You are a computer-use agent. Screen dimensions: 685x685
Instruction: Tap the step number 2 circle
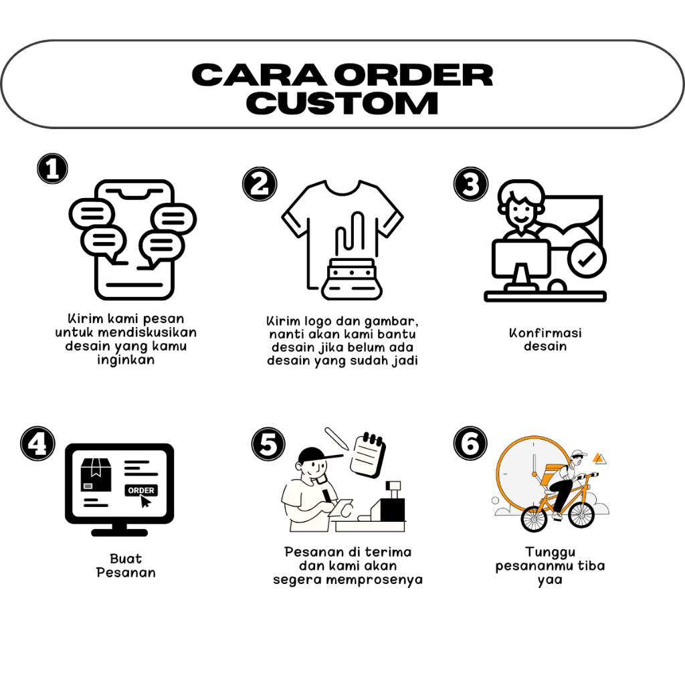click(x=259, y=183)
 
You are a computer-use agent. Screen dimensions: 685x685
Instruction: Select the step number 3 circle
click(x=471, y=183)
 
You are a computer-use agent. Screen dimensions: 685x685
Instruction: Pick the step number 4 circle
click(x=37, y=444)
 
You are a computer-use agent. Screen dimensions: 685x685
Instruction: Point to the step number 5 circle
click(x=268, y=445)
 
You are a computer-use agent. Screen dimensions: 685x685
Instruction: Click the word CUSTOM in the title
click(x=347, y=104)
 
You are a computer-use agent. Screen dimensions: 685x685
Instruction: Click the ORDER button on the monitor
click(x=141, y=490)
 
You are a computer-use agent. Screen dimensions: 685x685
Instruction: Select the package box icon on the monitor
click(x=95, y=474)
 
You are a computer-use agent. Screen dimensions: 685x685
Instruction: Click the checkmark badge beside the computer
click(x=587, y=260)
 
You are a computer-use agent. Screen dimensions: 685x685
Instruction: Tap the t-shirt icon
click(x=342, y=227)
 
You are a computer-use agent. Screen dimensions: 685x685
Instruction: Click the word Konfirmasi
click(x=545, y=332)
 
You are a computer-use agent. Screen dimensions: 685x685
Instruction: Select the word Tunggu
click(x=550, y=552)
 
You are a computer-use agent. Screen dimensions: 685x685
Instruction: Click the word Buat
click(x=126, y=559)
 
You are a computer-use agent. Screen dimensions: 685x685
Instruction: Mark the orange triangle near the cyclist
click(x=600, y=459)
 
